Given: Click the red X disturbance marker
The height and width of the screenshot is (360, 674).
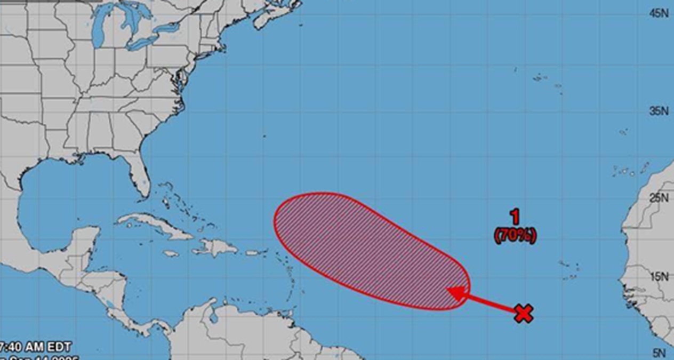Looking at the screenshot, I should (524, 314).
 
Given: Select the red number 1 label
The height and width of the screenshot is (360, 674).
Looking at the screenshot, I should (515, 217).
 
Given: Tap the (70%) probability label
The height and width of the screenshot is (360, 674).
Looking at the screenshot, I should (515, 235).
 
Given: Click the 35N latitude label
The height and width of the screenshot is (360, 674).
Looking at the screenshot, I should (659, 111).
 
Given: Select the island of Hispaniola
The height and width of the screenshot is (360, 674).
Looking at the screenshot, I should (219, 247).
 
